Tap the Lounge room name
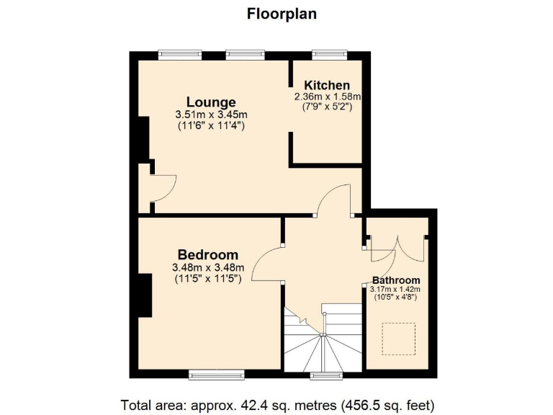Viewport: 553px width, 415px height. tap(211, 102)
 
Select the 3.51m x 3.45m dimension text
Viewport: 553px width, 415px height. tap(211, 115)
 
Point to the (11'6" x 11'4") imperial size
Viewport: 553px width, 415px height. tap(211, 125)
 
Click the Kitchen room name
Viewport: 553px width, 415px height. tap(327, 85)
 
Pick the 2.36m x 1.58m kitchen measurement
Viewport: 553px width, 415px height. tap(327, 97)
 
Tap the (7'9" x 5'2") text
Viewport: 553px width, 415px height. tap(327, 107)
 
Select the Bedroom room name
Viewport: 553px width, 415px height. tap(207, 255)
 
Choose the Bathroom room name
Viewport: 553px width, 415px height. tap(396, 280)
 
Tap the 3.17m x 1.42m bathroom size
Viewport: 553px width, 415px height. tap(396, 290)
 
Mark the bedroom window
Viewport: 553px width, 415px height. tap(215, 374)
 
